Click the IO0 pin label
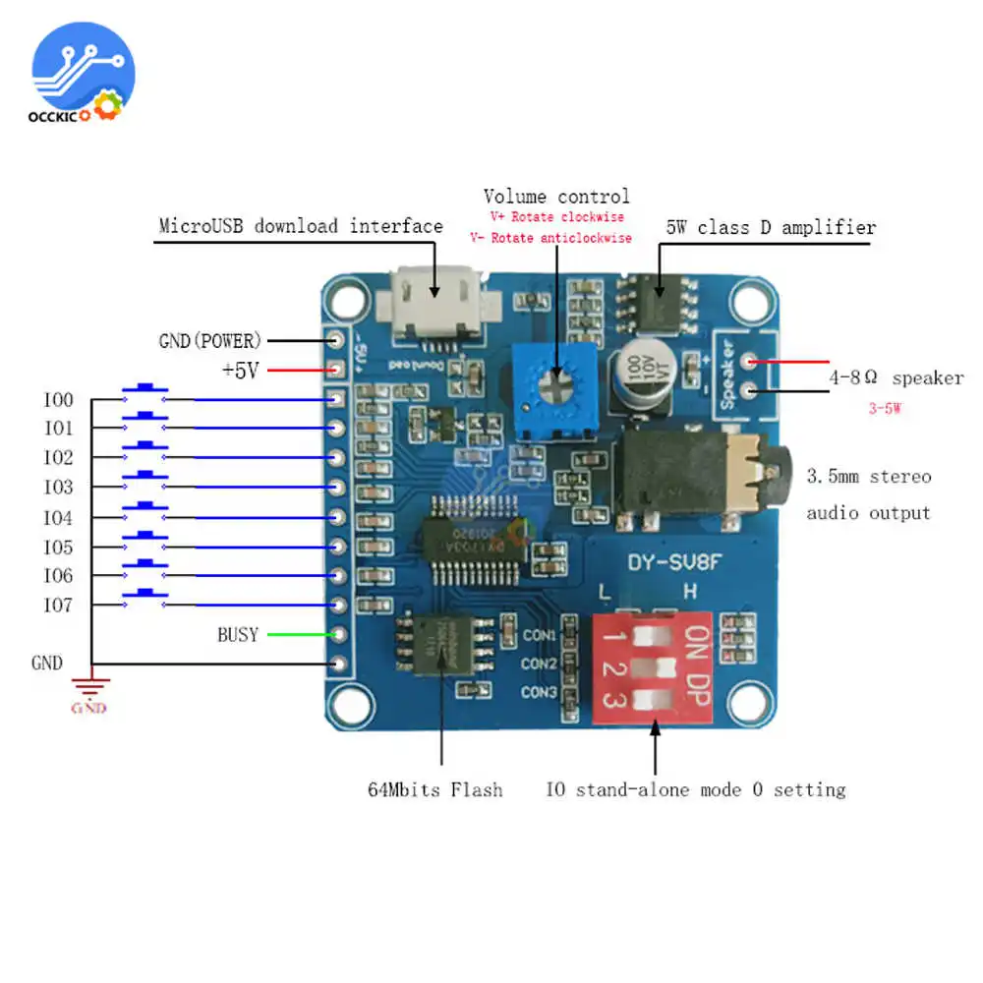[58, 400]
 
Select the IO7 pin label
[58, 606]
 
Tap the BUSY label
[238, 635]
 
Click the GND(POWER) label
[210, 341]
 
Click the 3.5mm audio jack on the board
[704, 474]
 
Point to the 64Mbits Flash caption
[435, 788]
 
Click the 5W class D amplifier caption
[771, 228]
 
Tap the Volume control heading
[556, 197]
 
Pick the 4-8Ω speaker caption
[895, 378]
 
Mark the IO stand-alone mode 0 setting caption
[696, 789]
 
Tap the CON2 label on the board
[540, 665]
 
